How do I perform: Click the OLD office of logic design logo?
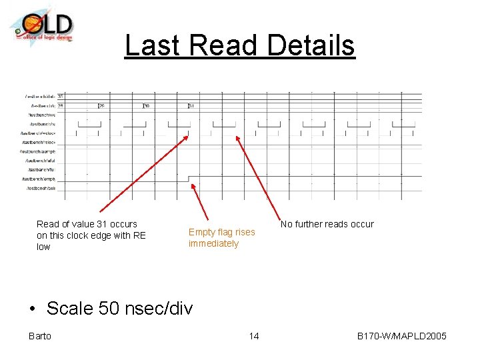pos(41,27)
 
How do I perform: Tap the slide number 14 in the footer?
pos(253,336)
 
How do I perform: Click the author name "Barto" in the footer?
pos(40,336)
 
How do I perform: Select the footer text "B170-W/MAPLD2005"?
pos(401,336)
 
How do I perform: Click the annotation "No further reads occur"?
pos(327,224)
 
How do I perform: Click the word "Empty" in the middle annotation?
pos(201,232)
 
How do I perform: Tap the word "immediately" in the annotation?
pos(213,243)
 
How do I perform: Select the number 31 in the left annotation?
pos(99,224)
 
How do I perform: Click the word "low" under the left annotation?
pos(43,247)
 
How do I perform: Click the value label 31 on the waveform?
pos(191,105)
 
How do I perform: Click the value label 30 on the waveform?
pos(147,105)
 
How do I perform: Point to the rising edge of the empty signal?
pos(189,179)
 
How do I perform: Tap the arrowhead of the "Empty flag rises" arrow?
pos(192,185)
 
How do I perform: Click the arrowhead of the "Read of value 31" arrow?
pos(187,135)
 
